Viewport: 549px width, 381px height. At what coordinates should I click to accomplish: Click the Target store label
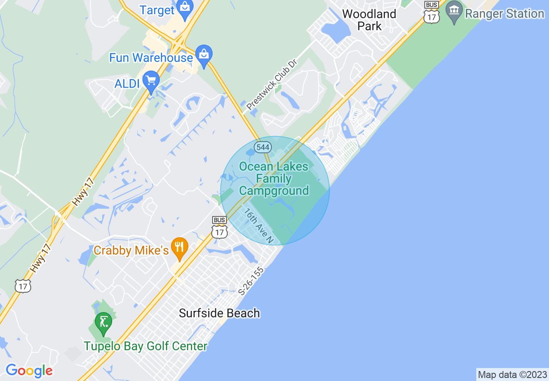(157, 10)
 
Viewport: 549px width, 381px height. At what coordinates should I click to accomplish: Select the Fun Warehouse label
(151, 58)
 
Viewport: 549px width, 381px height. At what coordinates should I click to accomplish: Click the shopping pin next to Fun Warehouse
(203, 55)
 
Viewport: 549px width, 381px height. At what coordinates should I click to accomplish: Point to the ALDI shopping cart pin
(151, 82)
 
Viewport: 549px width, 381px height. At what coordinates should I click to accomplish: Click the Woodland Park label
(369, 20)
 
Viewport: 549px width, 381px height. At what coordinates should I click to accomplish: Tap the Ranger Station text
(504, 14)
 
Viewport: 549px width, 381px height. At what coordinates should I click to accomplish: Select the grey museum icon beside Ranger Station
(454, 11)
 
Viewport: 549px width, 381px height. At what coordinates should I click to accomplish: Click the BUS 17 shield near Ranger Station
(432, 12)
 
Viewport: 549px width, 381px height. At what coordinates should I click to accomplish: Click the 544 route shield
(262, 147)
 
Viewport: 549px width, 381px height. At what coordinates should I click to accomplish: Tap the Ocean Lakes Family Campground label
(274, 178)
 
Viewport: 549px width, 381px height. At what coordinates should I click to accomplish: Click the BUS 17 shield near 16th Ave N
(220, 228)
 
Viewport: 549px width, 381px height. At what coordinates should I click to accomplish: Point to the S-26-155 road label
(251, 281)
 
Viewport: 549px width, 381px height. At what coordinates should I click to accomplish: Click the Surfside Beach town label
(220, 313)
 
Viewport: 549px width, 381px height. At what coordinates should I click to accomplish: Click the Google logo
(29, 371)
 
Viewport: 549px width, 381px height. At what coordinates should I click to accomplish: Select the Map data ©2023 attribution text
(512, 375)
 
